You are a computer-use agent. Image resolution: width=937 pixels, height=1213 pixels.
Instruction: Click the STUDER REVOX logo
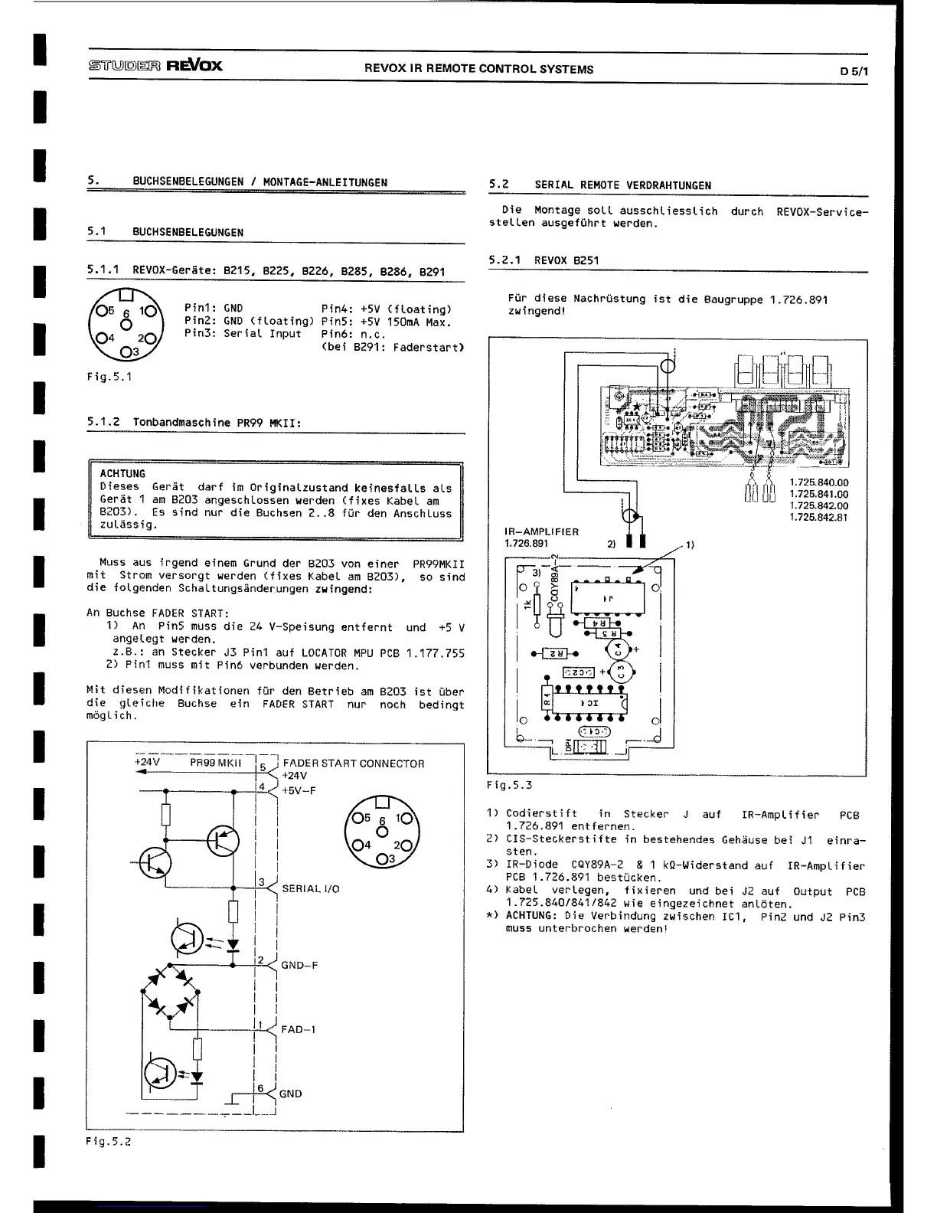click(155, 65)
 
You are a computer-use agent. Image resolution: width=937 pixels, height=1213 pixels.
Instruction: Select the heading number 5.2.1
click(504, 260)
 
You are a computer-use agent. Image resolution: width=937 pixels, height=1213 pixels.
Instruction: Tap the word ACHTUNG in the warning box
click(122, 474)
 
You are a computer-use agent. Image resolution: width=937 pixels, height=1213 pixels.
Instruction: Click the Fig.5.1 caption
click(109, 377)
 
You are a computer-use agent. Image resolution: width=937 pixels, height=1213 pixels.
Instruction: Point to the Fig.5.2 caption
click(109, 1142)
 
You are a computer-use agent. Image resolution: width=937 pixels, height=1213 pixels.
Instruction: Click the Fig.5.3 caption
click(509, 785)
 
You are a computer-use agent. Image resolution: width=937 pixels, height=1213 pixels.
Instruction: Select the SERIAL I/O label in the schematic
click(310, 889)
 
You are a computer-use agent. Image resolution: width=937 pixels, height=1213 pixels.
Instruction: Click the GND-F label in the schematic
click(299, 966)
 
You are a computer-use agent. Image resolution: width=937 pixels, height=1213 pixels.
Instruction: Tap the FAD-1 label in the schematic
click(298, 1030)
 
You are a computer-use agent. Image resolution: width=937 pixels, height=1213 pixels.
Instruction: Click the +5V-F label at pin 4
click(299, 790)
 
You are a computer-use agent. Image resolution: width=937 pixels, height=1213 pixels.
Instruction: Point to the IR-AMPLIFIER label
click(541, 531)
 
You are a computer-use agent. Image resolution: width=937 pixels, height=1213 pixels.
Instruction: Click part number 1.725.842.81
click(818, 517)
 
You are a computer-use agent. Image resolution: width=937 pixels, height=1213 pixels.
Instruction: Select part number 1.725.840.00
click(818, 482)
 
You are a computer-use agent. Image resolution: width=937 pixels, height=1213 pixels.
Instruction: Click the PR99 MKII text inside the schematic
click(216, 763)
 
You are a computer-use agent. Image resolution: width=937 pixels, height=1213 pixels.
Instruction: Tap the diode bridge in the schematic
click(171, 992)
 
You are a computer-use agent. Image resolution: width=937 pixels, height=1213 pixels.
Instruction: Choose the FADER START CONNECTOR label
click(353, 763)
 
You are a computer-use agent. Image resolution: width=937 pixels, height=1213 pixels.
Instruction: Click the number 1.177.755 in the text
click(435, 653)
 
